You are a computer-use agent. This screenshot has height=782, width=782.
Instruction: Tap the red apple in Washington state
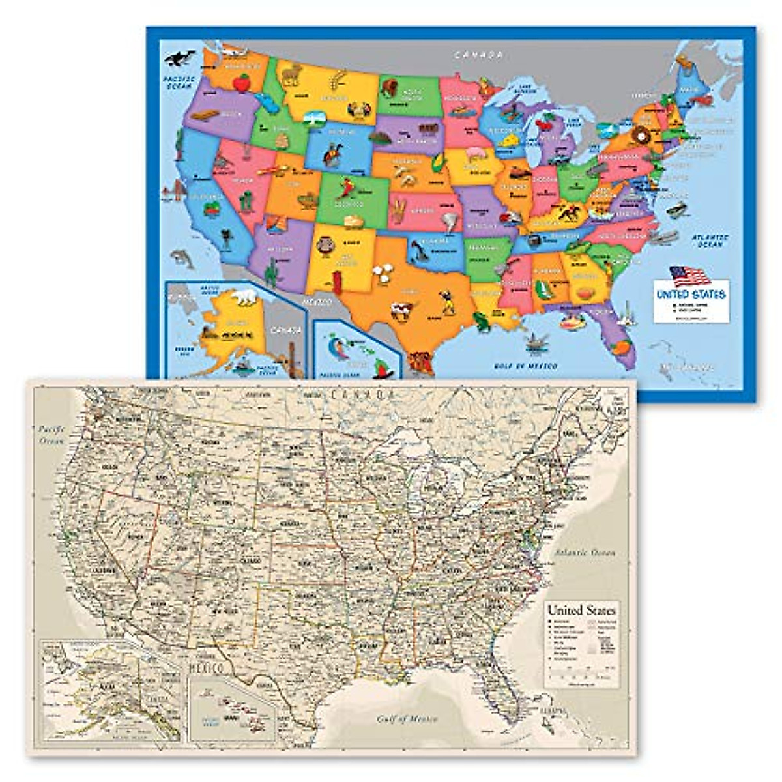point(242,82)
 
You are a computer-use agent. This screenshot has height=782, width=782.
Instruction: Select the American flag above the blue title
point(689,276)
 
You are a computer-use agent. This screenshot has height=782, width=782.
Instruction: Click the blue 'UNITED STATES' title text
point(691,295)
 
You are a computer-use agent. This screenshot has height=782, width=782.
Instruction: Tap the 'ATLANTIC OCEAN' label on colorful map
point(710,240)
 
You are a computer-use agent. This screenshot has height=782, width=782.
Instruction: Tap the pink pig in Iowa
point(471,154)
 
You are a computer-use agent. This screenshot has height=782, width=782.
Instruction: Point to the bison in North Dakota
point(388,87)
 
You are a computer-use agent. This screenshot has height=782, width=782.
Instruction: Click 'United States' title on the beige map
point(581,611)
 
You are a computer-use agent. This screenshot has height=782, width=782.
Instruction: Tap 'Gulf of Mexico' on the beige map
point(407,719)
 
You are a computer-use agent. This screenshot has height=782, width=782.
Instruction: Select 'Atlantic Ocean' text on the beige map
point(585,553)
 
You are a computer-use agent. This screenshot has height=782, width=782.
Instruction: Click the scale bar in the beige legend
point(581,674)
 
